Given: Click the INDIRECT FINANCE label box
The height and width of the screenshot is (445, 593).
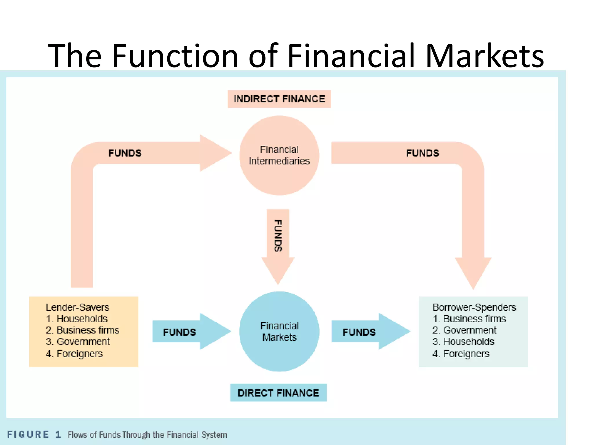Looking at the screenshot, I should pyautogui.click(x=279, y=99).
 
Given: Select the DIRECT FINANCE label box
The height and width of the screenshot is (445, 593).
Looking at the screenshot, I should pyautogui.click(x=278, y=393).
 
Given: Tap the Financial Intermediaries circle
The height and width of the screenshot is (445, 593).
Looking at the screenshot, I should pyautogui.click(x=279, y=156).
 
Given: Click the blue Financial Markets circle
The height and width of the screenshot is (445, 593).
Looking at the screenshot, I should pyautogui.click(x=279, y=331).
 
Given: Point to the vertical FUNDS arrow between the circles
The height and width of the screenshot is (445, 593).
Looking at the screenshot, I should pyautogui.click(x=278, y=240).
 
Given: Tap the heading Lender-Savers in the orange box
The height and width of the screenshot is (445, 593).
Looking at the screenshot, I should pyautogui.click(x=77, y=307).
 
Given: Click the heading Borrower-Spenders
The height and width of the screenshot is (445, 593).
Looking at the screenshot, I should pyautogui.click(x=474, y=307).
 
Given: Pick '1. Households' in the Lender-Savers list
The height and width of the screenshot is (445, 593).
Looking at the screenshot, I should pyautogui.click(x=77, y=319).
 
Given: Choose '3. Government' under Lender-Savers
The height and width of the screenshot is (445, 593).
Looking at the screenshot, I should pyautogui.click(x=78, y=342).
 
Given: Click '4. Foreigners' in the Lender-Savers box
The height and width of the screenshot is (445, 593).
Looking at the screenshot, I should pyautogui.click(x=74, y=354).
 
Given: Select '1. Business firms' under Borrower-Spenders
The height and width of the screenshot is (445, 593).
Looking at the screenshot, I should pyautogui.click(x=469, y=319).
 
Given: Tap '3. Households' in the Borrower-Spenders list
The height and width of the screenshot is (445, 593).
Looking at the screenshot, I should pyautogui.click(x=463, y=342).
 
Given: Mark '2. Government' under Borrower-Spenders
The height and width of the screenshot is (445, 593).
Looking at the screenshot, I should pyautogui.click(x=464, y=330).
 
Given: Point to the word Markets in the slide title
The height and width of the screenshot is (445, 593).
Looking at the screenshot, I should pyautogui.click(x=484, y=56).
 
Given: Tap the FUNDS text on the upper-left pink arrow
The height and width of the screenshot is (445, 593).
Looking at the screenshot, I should pyautogui.click(x=125, y=153).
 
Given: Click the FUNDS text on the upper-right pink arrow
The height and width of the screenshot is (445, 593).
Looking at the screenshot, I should pyautogui.click(x=422, y=153).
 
